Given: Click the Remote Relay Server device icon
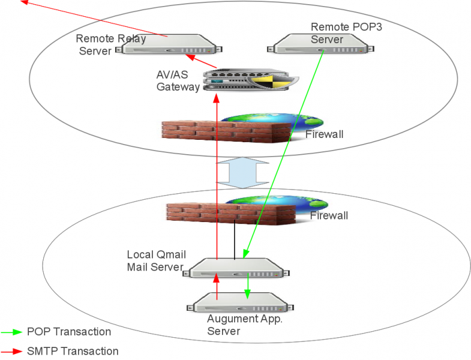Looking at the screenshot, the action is (169, 44).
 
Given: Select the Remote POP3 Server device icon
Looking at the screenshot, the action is (321, 44).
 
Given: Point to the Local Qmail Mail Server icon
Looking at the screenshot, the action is (236, 268).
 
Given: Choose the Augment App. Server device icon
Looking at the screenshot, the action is (241, 302).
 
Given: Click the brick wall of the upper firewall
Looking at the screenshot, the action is (226, 131).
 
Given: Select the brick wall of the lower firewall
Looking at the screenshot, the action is (231, 214).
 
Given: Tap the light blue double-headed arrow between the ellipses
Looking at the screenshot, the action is (242, 173).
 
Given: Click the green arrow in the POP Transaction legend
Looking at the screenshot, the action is (11, 332).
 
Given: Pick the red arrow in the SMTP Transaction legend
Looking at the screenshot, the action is (11, 351).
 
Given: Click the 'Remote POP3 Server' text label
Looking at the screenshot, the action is (346, 33).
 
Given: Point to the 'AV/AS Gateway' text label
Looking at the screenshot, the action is (178, 80).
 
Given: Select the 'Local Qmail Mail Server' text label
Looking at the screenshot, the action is (156, 260).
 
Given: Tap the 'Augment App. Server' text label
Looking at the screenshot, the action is (245, 325).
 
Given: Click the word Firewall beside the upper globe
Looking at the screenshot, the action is (325, 134).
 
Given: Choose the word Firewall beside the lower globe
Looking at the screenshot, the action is (329, 215).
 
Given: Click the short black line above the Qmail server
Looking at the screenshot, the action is (235, 239).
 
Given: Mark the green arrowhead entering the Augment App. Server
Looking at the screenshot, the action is (248, 294).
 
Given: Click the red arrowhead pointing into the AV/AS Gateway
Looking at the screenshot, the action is (216, 98).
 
